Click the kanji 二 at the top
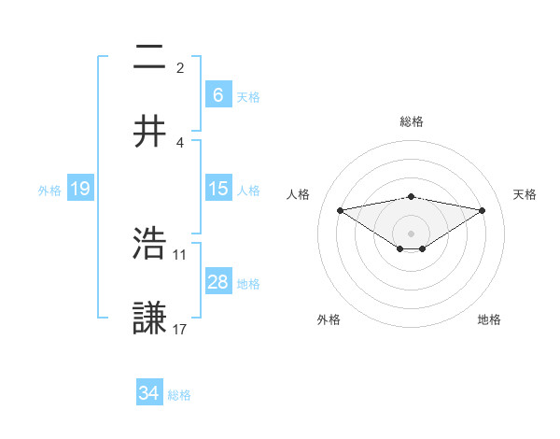pyautogui.click(x=149, y=59)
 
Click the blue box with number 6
pyautogui.click(x=217, y=94)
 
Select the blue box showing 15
pyautogui.click(x=217, y=189)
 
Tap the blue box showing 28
pyautogui.click(x=217, y=282)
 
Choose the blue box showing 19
pyautogui.click(x=79, y=189)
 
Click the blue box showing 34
pyautogui.click(x=148, y=393)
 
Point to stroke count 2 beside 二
pyautogui.click(x=180, y=68)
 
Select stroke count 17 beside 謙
pyautogui.click(x=180, y=328)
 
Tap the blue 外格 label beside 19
pyautogui.click(x=49, y=190)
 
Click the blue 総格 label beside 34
pyautogui.click(x=179, y=394)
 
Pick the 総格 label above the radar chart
pyautogui.click(x=411, y=121)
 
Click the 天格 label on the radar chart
pyautogui.click(x=525, y=194)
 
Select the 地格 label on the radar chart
pyautogui.click(x=489, y=319)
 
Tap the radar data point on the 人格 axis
pyautogui.click(x=340, y=209)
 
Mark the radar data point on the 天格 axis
pyautogui.click(x=483, y=209)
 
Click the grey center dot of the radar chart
pyautogui.click(x=411, y=233)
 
